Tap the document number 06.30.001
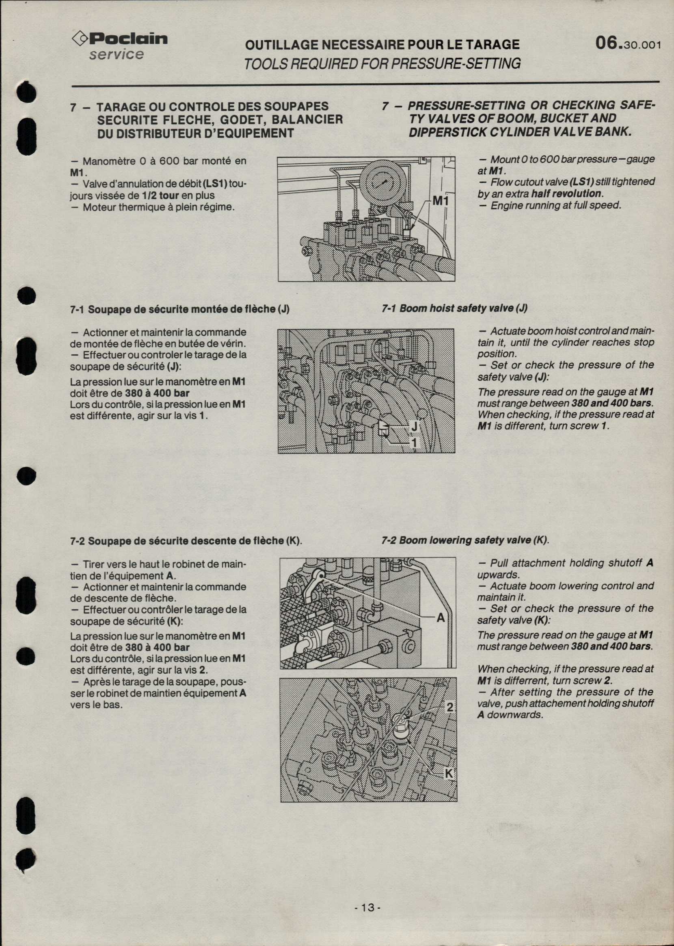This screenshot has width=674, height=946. tap(627, 43)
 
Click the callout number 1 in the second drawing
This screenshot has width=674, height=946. tap(414, 443)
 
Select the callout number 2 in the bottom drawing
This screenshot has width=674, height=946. tap(450, 707)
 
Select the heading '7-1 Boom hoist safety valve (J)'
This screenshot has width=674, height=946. tap(454, 308)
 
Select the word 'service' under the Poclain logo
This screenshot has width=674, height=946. tap(117, 54)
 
